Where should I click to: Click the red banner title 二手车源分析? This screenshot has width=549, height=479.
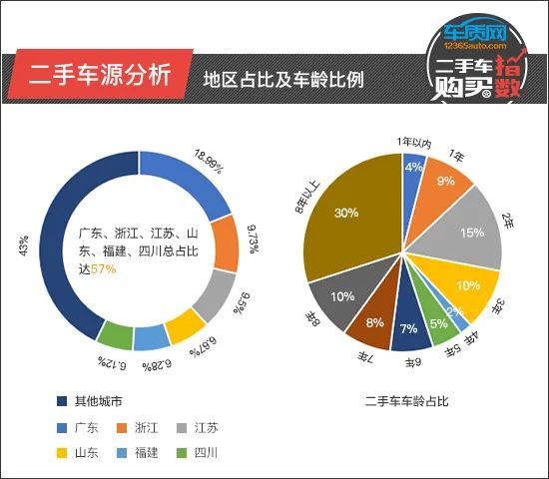[99, 74]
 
